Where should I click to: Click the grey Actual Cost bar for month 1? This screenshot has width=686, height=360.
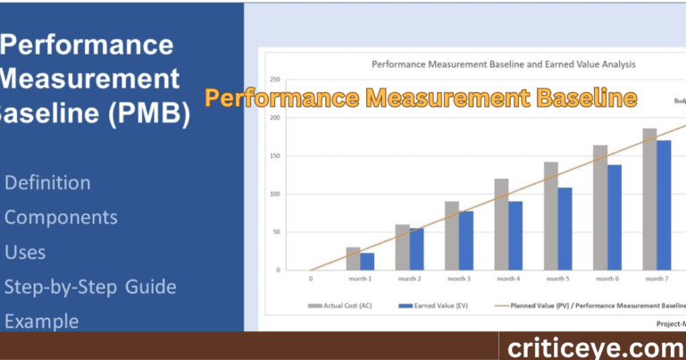pos(354,259)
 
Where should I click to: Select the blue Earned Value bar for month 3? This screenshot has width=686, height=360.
pos(467,241)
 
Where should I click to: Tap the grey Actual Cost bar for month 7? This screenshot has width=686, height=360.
pos(649,200)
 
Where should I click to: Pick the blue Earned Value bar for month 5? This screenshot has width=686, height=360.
pos(565,229)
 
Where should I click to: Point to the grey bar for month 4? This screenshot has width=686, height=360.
pos(501,224)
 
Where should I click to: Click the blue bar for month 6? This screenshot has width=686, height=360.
pos(615,217)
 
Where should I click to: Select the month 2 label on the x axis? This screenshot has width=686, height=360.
pos(409,280)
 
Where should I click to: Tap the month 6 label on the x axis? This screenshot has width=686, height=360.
pos(607,280)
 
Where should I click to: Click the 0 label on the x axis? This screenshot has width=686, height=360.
pos(310,280)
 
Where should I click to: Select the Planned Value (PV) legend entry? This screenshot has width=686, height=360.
pos(590,306)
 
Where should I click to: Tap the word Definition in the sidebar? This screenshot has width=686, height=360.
pos(47,183)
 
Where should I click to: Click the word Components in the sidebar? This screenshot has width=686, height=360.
pos(61,218)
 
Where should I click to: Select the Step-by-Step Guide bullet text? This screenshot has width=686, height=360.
pos(90,287)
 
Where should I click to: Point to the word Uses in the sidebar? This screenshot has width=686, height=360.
pos(25,253)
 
